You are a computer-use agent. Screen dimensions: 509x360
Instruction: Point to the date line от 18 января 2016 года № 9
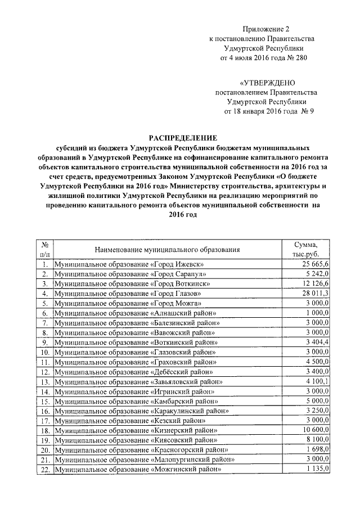tap(269, 111)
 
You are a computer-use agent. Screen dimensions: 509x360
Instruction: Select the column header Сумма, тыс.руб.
tap(309, 248)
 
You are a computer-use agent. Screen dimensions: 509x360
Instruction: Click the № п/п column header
tap(44, 248)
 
